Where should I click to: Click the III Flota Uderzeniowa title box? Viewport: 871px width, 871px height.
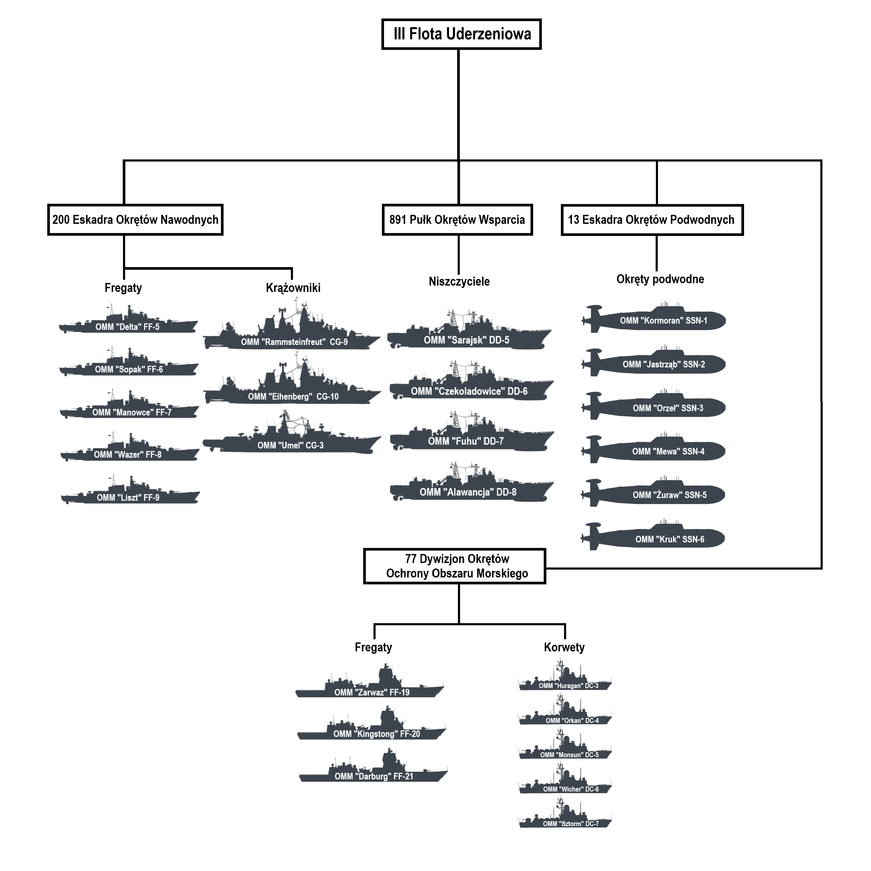461,34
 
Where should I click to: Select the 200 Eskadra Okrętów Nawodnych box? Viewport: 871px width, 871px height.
135,220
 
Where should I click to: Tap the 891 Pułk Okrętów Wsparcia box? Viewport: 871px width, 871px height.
457,220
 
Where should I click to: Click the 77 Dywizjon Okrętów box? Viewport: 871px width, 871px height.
455,566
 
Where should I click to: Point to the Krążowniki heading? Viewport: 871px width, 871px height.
293,288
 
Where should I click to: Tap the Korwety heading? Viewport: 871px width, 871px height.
564,647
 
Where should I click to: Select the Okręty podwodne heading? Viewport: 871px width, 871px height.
660,279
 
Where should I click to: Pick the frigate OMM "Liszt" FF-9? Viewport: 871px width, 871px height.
130,495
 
